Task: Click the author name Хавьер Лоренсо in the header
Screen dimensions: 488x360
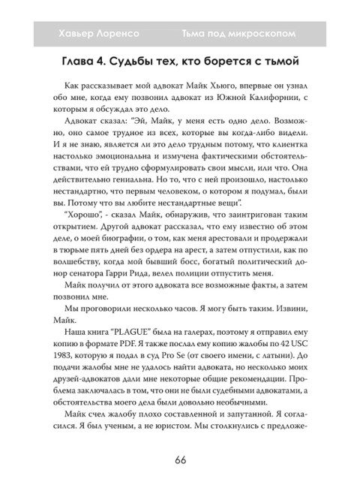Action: pyautogui.click(x=95, y=35)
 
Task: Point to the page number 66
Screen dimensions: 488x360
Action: pyautogui.click(x=179, y=459)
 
